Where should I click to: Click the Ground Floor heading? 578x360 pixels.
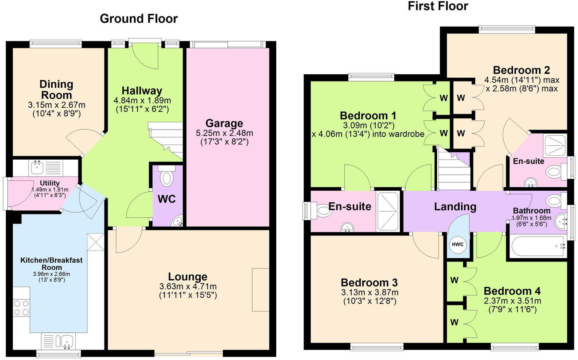click(138, 18)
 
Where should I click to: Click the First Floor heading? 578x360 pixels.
click(438, 6)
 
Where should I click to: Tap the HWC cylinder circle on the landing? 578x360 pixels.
click(457, 245)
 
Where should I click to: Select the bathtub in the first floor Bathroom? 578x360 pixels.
click(537, 247)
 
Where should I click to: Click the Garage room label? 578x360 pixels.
click(224, 123)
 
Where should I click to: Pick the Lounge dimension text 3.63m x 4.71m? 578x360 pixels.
click(188, 287)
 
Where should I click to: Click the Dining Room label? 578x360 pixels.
click(56, 89)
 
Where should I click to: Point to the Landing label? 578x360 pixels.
click(455, 207)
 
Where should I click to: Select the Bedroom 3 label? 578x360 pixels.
click(369, 283)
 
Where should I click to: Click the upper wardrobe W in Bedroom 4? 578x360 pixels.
click(454, 280)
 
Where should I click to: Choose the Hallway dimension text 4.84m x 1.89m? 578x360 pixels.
click(142, 100)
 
